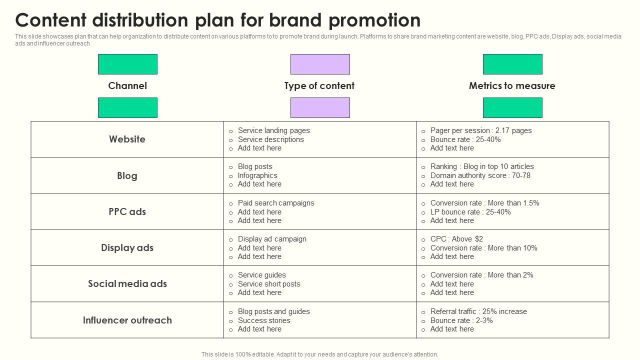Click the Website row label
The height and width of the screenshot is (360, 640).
pos(127,139)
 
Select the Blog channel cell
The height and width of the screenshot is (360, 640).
pos(127,175)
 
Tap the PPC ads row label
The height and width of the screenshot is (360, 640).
pos(127,211)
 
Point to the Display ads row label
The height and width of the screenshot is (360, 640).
pos(127,247)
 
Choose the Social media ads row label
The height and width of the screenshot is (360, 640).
pos(127,283)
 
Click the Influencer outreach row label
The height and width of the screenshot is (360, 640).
pos(127,320)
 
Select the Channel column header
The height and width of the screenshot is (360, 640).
pos(127,85)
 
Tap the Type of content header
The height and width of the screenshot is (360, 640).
pos(319,85)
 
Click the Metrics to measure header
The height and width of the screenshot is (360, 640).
pos(512,85)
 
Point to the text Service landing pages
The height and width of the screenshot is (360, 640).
pos(273,130)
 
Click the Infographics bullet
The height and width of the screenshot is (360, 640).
pos(257,175)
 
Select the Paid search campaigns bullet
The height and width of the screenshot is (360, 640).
pos(276,203)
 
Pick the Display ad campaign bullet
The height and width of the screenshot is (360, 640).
pos(272,239)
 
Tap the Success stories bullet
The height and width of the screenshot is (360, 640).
pos(264,320)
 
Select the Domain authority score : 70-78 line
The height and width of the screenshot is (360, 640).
pos(480,175)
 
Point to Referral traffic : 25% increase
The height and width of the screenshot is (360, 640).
pos(478,311)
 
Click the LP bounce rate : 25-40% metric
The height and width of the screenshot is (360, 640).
pos(470,212)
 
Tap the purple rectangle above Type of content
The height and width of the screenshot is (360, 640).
pos(320,64)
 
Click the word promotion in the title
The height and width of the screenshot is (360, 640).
pos(374,20)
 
